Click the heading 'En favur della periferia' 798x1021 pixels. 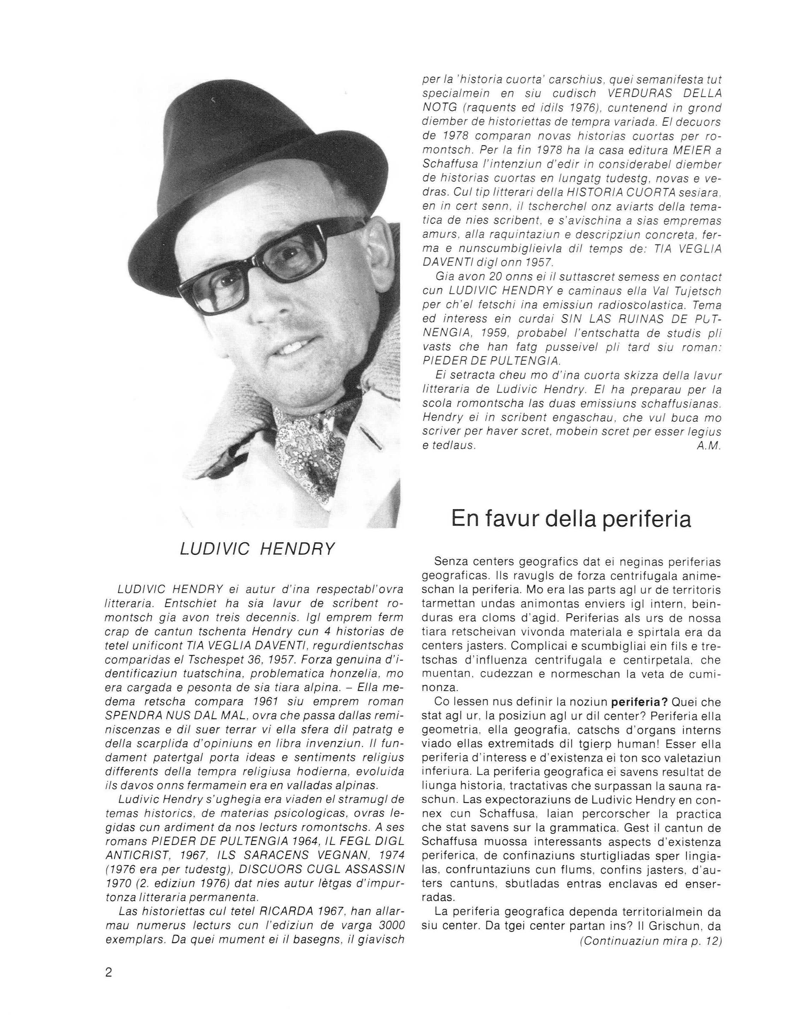[x=571, y=519]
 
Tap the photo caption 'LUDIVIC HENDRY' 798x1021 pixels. [x=257, y=549]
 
